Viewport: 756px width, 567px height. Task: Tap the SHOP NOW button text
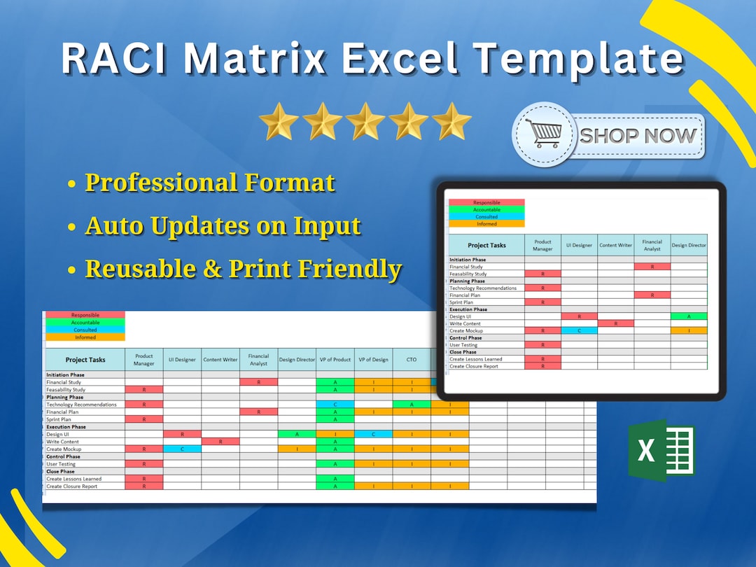pyautogui.click(x=638, y=135)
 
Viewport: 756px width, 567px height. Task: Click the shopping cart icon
pyautogui.click(x=544, y=133)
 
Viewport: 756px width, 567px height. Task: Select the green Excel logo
pyautogui.click(x=661, y=450)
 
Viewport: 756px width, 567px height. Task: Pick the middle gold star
pyautogui.click(x=365, y=122)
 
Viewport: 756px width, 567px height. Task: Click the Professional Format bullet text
pyautogui.click(x=209, y=183)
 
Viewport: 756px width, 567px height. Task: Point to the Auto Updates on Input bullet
pyautogui.click(x=223, y=226)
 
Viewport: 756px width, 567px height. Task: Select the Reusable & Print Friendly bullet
pyautogui.click(x=243, y=269)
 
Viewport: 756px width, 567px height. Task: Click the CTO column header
pyautogui.click(x=412, y=360)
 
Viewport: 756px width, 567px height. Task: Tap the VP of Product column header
pyautogui.click(x=335, y=360)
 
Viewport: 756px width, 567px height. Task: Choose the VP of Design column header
pyautogui.click(x=373, y=360)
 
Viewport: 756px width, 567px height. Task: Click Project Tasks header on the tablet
pyautogui.click(x=486, y=245)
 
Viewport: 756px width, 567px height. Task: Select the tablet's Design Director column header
pyautogui.click(x=689, y=245)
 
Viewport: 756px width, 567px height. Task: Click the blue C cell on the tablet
pyautogui.click(x=579, y=330)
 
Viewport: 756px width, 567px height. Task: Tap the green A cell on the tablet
pyautogui.click(x=689, y=316)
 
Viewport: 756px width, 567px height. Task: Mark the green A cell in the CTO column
pyautogui.click(x=412, y=405)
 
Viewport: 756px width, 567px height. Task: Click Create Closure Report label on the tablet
pyautogui.click(x=473, y=366)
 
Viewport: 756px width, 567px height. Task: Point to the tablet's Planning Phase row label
pyautogui.click(x=467, y=281)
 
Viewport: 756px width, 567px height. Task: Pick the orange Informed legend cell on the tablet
pyautogui.click(x=486, y=224)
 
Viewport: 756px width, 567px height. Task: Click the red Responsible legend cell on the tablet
pyautogui.click(x=486, y=202)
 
